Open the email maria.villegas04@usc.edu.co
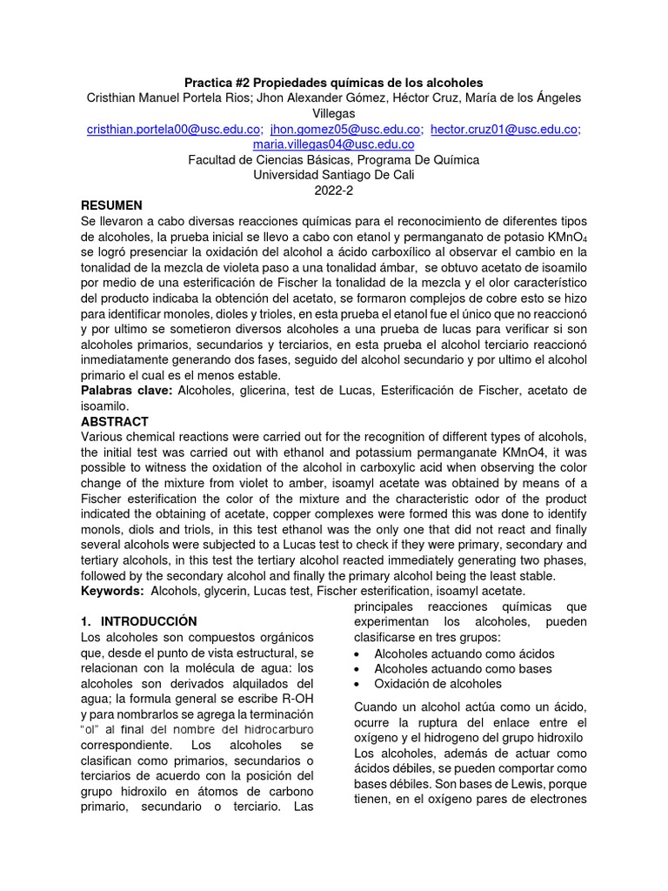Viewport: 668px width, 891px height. click(x=333, y=144)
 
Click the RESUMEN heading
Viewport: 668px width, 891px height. click(x=111, y=205)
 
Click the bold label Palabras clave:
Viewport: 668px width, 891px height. click(x=127, y=390)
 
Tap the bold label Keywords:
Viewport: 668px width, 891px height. click(x=113, y=591)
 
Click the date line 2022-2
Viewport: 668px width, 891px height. click(x=333, y=190)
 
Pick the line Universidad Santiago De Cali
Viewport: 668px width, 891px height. click(x=333, y=175)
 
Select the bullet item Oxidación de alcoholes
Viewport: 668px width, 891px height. click(x=438, y=684)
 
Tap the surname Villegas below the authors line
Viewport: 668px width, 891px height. click(x=333, y=113)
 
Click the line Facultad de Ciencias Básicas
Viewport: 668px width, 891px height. click(x=333, y=159)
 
